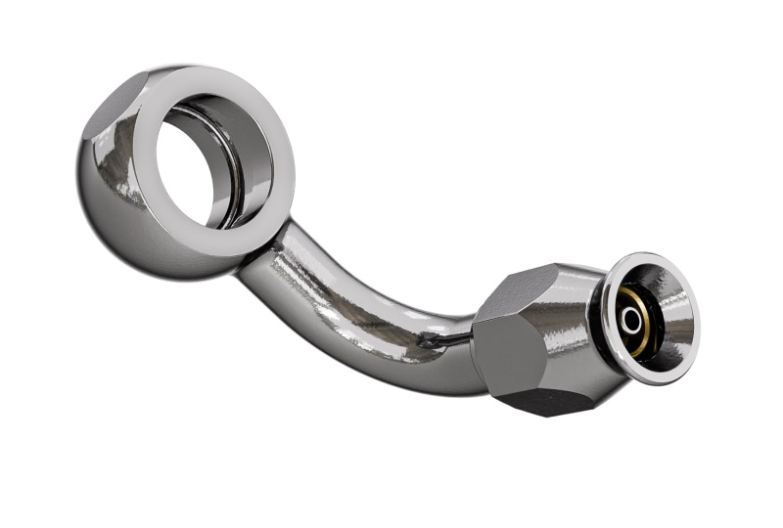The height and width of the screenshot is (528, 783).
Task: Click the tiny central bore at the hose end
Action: point(631,320)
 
